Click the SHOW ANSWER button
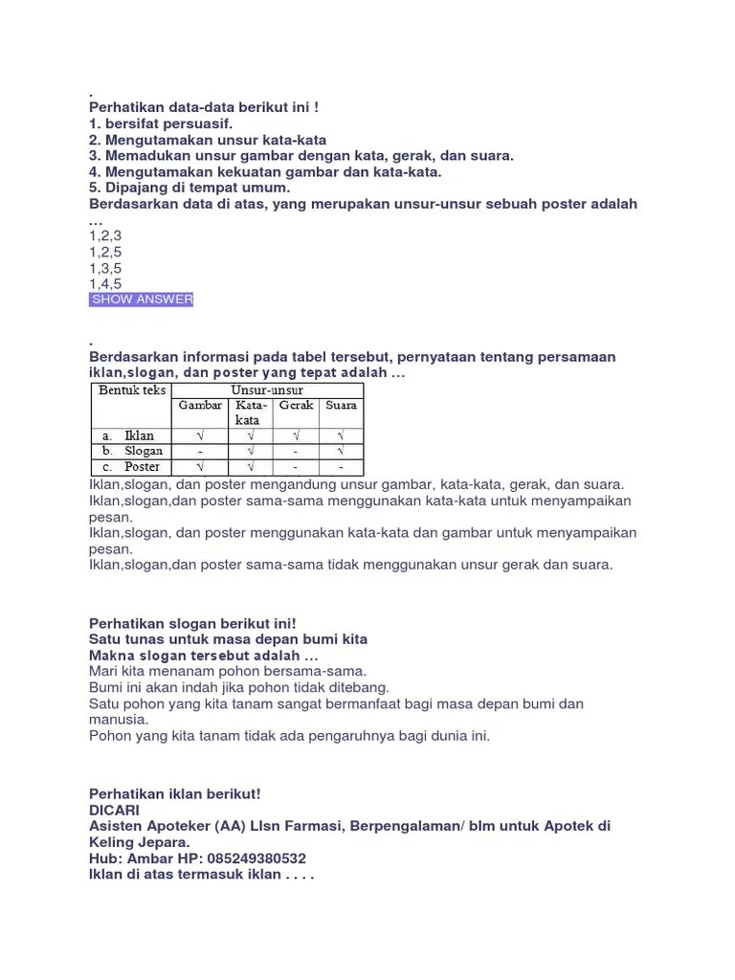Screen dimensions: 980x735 [142, 300]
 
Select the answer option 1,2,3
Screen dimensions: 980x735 [105, 235]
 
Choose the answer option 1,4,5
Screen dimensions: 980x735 [105, 284]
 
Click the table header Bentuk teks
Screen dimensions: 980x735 [131, 390]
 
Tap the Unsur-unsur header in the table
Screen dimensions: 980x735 [267, 390]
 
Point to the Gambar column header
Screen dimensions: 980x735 [200, 405]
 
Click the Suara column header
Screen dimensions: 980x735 [341, 405]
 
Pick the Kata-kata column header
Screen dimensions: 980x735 [249, 412]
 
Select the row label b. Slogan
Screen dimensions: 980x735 [132, 451]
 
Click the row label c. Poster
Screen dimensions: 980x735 [132, 467]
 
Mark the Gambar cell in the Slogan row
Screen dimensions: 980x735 [200, 451]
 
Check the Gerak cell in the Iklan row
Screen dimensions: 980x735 [296, 435]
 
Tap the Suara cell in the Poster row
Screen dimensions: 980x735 [341, 467]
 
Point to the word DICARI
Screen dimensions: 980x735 [114, 810]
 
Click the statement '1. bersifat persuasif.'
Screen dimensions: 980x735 [161, 124]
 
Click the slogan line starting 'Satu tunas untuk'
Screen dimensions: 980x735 [228, 638]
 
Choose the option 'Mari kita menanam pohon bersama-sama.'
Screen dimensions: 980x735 [228, 672]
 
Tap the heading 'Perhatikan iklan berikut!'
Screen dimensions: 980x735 [174, 793]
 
